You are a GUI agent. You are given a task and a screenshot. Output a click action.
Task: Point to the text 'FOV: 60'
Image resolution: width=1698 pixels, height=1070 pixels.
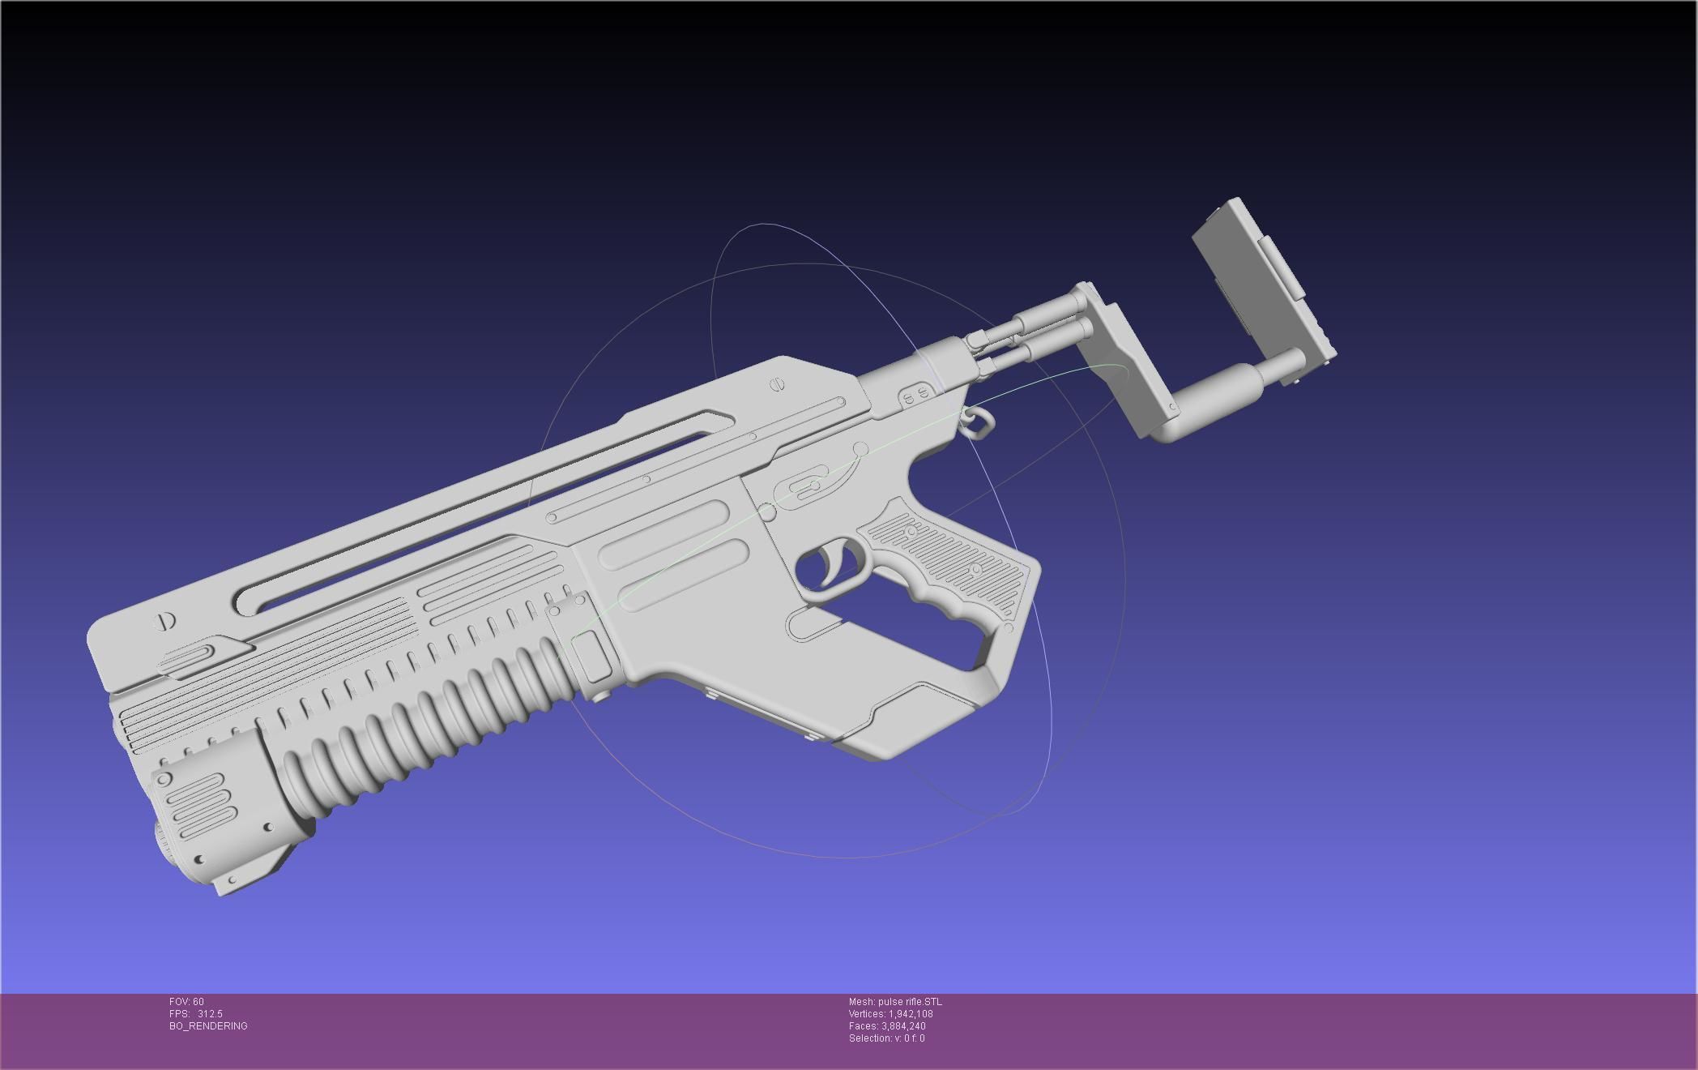pos(186,1002)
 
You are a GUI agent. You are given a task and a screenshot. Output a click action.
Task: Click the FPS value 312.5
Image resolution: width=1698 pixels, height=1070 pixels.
pos(210,1014)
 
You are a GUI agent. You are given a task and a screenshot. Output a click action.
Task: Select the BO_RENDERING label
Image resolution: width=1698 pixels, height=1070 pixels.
pos(208,1026)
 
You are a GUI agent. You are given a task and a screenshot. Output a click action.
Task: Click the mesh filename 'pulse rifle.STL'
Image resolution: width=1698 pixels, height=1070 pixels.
pos(910,1002)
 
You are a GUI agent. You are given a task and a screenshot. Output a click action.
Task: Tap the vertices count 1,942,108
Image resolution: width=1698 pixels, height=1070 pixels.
pos(911,1014)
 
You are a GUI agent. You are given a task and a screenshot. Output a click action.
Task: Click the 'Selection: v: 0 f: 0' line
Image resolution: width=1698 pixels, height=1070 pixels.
pos(886,1038)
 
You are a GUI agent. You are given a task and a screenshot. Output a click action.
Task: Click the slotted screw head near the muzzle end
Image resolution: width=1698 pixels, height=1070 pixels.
pos(165,622)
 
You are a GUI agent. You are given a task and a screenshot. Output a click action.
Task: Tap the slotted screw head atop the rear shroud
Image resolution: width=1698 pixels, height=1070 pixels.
pos(778,384)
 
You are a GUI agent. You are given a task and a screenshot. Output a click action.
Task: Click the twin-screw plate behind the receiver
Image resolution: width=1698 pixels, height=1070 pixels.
pos(916,396)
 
